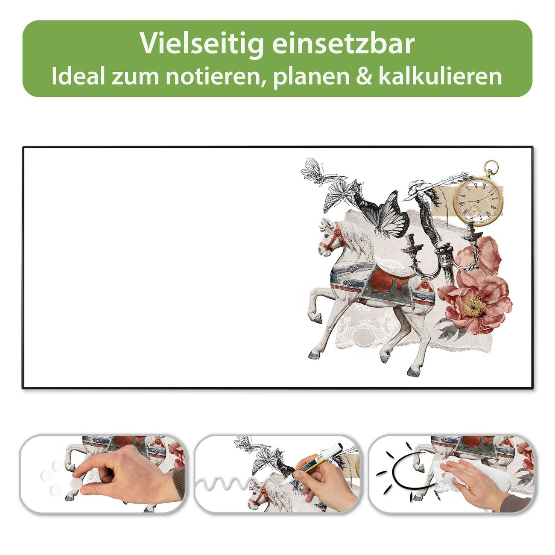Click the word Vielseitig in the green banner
click(202, 44)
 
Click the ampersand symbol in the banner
click(364, 76)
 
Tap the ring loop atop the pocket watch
click(491, 167)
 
